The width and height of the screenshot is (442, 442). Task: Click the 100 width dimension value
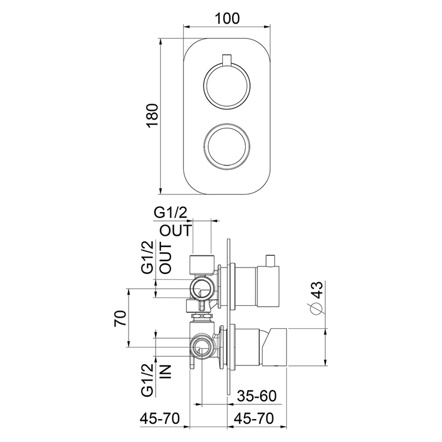227,18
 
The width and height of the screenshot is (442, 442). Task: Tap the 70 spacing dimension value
120,319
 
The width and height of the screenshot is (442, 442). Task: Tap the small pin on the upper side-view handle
271,259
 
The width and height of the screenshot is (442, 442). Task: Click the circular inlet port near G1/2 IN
201,347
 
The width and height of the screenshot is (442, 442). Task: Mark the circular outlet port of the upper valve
202,289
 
